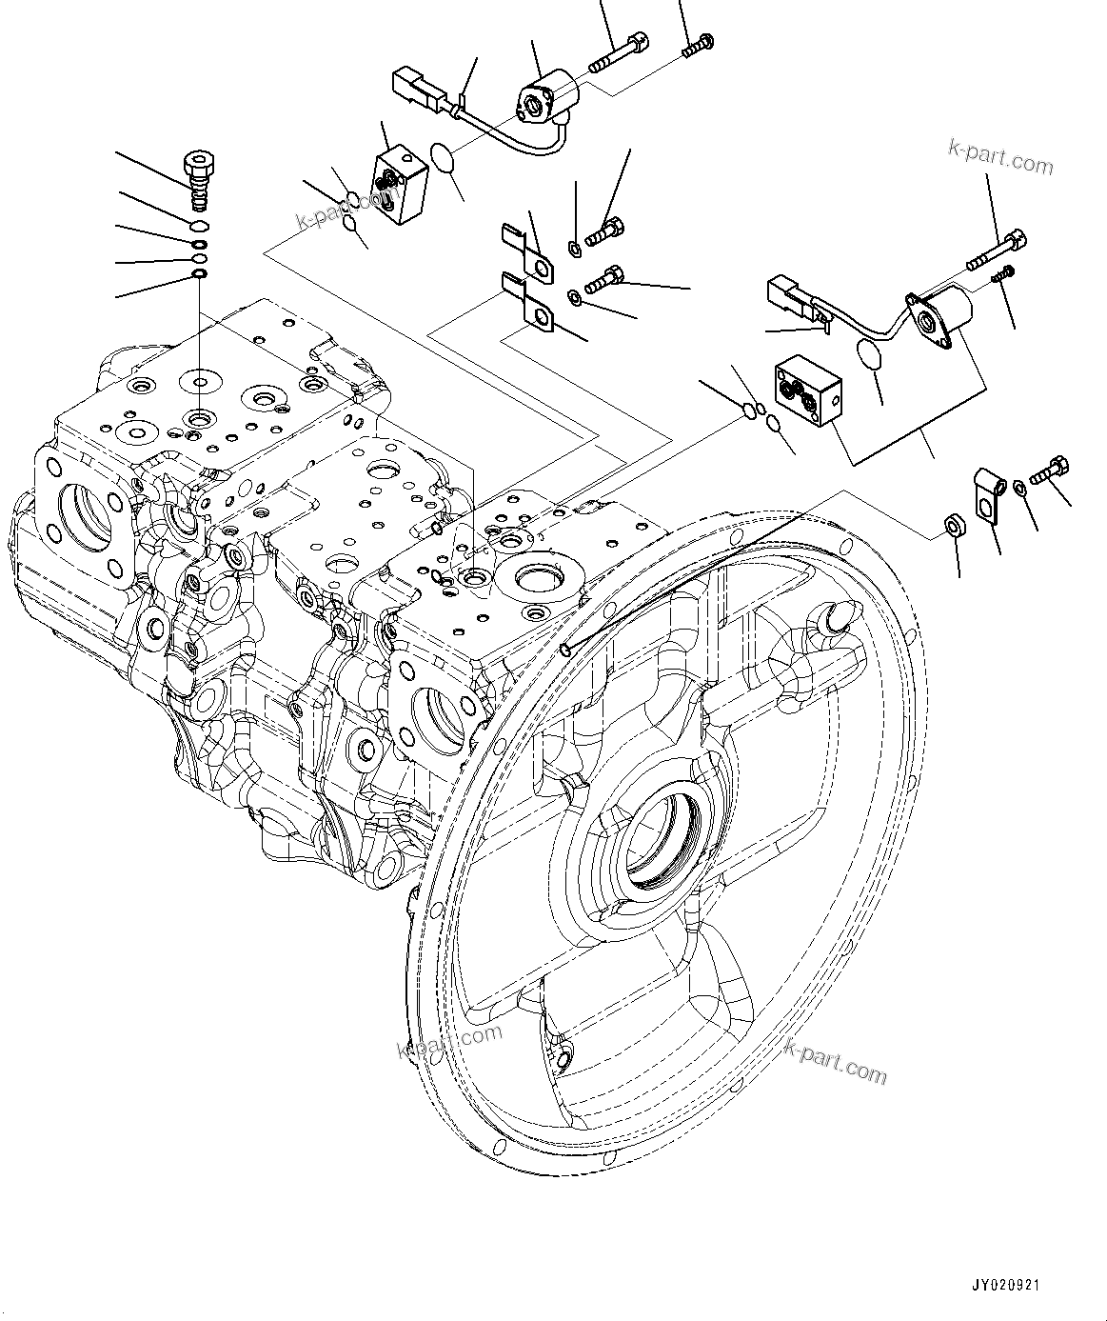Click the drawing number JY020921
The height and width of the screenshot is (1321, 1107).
tap(1005, 1286)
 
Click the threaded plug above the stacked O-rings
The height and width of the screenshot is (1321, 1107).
tap(198, 179)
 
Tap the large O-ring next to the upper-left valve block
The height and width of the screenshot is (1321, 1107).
tap(445, 158)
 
